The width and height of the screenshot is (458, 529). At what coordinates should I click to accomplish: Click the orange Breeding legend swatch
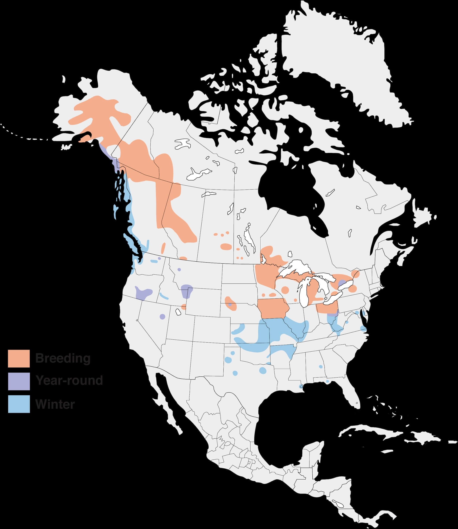(x=19, y=358)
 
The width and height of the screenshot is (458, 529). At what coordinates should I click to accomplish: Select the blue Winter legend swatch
(x=19, y=404)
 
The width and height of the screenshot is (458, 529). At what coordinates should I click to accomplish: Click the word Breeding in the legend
(x=63, y=358)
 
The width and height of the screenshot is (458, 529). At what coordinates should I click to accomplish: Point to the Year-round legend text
(x=69, y=380)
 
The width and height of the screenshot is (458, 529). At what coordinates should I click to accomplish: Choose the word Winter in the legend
(x=55, y=404)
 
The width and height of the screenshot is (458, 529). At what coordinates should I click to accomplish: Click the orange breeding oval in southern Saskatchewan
(x=226, y=246)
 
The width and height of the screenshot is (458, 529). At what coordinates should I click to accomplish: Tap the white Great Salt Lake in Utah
(x=178, y=312)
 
